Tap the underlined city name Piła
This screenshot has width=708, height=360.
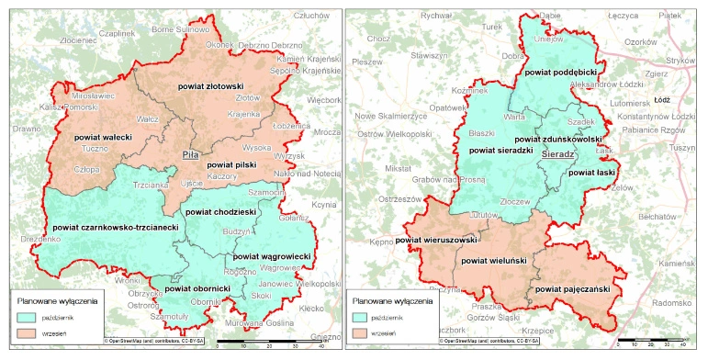tap(191, 155)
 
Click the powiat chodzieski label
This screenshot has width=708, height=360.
tap(221, 212)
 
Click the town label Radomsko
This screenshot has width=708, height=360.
tap(677, 301)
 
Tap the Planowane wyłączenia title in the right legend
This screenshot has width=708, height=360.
tap(394, 299)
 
